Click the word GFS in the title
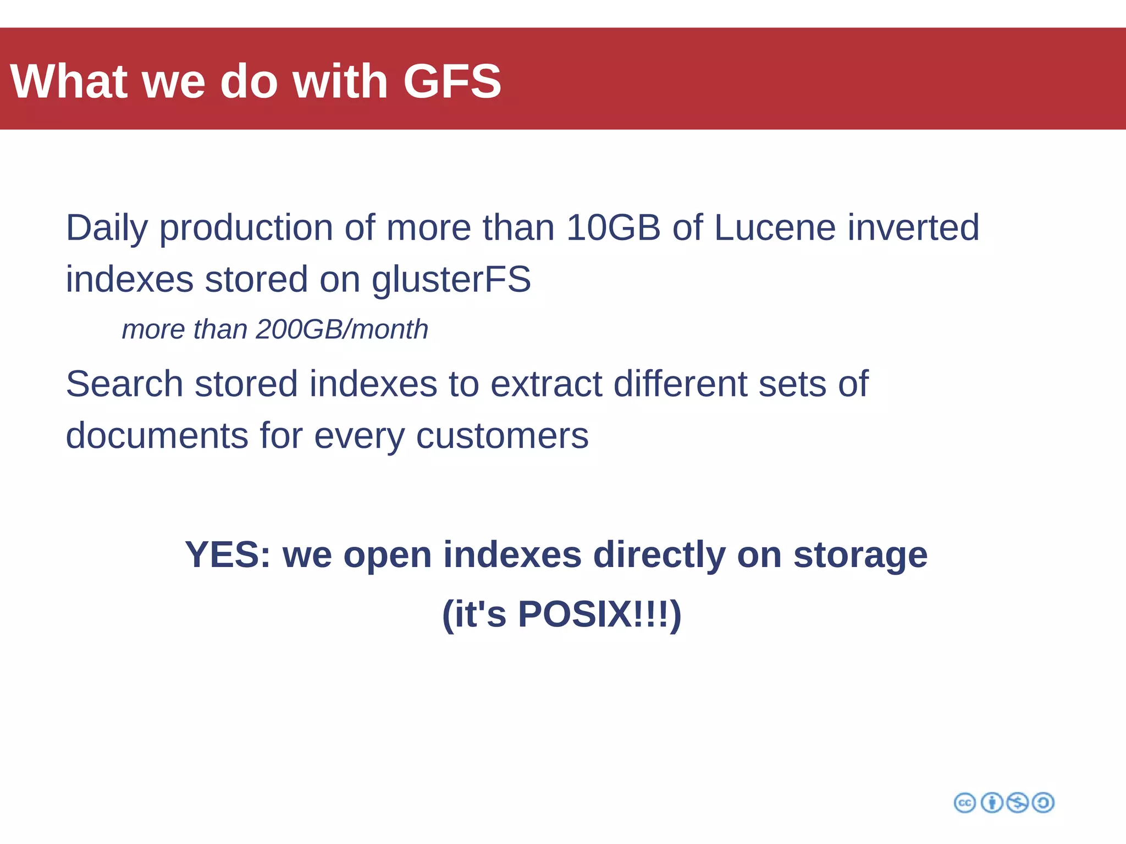(x=452, y=81)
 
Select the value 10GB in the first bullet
(x=613, y=227)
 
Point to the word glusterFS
(x=451, y=280)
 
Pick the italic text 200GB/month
(x=341, y=330)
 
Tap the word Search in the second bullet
(x=124, y=384)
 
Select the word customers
(x=502, y=436)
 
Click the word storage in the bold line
(x=860, y=556)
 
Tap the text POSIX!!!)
(x=599, y=614)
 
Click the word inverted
(x=913, y=227)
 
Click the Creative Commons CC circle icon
(x=964, y=803)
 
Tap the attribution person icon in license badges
(x=992, y=803)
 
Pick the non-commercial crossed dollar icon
(x=1017, y=803)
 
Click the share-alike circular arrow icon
(x=1043, y=803)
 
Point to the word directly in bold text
(x=659, y=556)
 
